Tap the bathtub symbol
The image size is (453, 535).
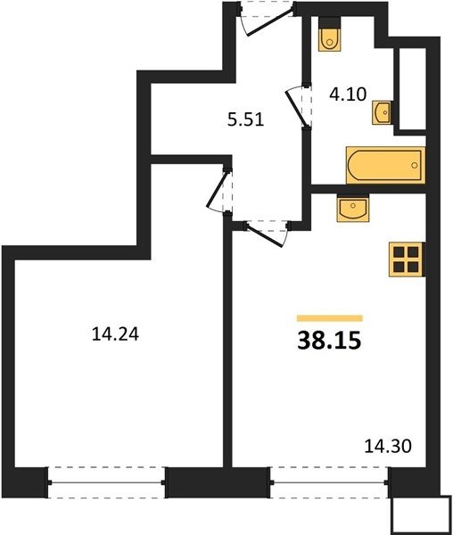point(385,166)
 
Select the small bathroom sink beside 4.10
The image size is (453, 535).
point(382,112)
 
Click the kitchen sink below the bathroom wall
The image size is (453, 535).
point(353,208)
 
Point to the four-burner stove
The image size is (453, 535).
point(407,259)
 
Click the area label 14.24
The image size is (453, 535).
point(115,334)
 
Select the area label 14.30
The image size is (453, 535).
point(388,446)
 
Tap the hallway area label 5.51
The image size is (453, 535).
point(245,119)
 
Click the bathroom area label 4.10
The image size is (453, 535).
point(348,94)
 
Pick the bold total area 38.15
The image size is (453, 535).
point(329,341)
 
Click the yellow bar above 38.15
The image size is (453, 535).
point(330,318)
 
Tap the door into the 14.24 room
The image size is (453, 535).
point(219,191)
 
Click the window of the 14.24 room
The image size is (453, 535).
point(106,482)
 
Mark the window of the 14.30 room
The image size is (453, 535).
point(330,482)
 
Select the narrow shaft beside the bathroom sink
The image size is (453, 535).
point(412,89)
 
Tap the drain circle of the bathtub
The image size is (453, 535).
point(415,165)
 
